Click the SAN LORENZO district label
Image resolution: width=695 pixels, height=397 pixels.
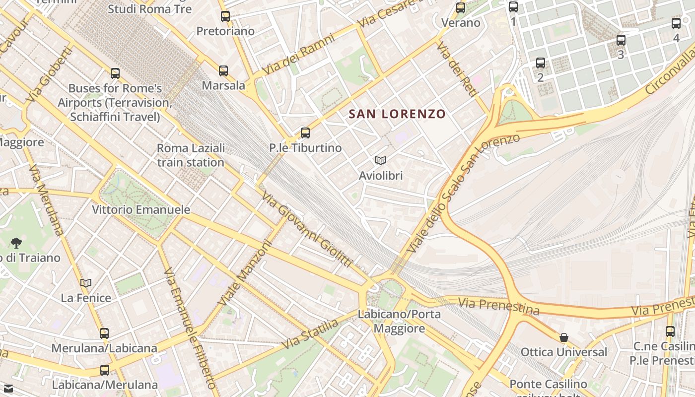pos(397,114)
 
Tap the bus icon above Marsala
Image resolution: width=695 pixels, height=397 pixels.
pos(223,71)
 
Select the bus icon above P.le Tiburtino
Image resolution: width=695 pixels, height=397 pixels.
pos(305,133)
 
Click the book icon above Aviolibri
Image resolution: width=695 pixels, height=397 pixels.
pos(381,160)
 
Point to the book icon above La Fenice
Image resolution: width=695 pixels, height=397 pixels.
pos(86,283)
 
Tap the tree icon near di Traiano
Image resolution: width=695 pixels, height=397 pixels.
pos(16,243)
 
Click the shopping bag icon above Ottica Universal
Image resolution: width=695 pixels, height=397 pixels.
pos(563,337)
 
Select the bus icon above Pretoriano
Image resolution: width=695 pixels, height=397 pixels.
pos(225,16)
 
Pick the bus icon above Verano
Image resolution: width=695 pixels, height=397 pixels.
pos(461,8)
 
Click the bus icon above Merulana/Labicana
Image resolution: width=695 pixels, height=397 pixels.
pos(104,333)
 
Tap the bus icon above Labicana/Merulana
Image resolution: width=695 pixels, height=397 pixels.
pos(105,370)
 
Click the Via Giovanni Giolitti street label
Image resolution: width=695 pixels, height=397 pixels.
pos(307,230)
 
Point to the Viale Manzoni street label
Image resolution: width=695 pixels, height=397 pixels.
pos(246,273)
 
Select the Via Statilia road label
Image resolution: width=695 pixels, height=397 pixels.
pos(310,334)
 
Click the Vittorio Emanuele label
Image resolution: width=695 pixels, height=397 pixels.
pos(141,209)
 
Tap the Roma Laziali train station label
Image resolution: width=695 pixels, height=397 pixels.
pos(191,155)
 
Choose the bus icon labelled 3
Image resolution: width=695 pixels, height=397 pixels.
pos(621,40)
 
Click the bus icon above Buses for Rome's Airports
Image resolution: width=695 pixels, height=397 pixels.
pos(115,73)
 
